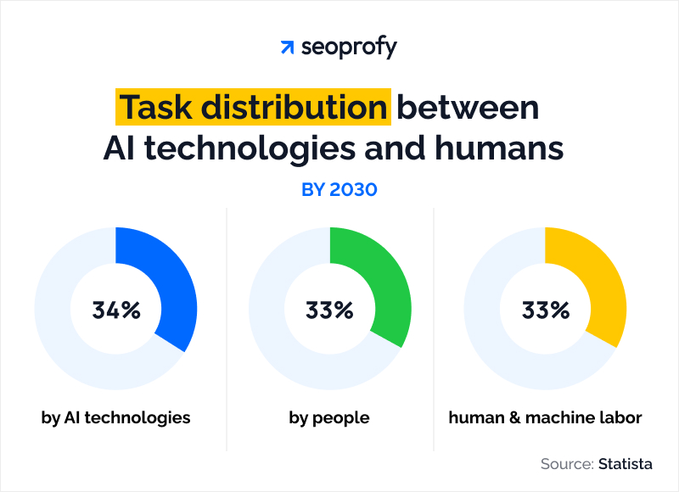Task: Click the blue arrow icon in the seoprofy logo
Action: pos(287,48)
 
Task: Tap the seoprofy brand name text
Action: pos(349,48)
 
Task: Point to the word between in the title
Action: pos(469,108)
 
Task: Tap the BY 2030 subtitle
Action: pos(339,189)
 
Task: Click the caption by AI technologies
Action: pos(116,417)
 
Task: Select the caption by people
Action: pos(329,417)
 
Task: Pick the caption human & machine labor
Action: pos(546,417)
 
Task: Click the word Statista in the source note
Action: pos(626,464)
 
